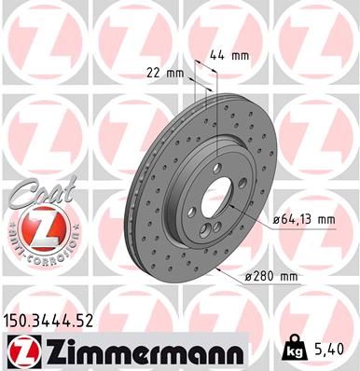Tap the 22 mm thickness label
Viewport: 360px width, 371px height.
163,72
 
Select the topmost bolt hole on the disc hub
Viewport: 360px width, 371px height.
217,169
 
